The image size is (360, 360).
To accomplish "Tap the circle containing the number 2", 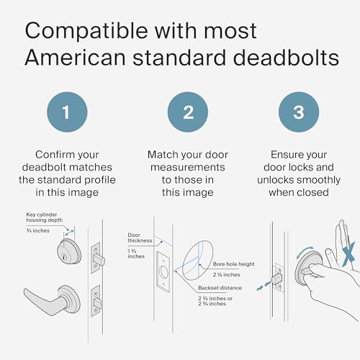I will pos(187,114).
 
